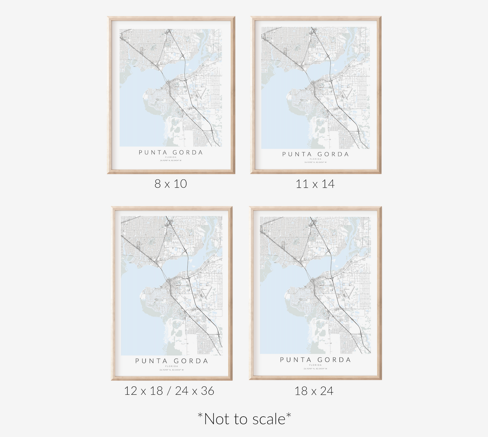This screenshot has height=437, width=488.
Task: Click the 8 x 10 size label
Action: click(x=171, y=184)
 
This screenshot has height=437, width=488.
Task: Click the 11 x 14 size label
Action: click(x=315, y=184)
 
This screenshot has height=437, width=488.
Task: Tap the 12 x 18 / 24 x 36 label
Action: click(x=169, y=391)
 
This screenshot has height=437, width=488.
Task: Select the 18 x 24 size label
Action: click(x=314, y=391)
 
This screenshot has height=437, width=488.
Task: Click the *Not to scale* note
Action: click(x=244, y=419)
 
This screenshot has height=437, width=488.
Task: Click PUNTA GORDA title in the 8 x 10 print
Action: click(x=171, y=152)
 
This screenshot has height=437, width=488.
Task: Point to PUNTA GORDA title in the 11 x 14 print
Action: click(x=315, y=154)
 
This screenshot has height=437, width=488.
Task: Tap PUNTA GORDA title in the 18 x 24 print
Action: click(x=315, y=360)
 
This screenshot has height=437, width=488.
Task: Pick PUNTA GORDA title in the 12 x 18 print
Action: click(x=172, y=361)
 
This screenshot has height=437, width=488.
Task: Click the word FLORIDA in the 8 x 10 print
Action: click(x=171, y=157)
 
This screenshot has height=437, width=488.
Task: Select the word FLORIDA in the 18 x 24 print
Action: click(x=315, y=365)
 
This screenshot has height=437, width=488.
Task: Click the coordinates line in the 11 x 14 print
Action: click(x=315, y=162)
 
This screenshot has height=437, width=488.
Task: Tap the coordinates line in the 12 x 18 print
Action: click(x=172, y=370)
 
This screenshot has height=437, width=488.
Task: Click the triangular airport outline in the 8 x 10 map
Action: click(x=202, y=93)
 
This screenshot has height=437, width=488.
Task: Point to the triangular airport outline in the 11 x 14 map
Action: click(x=346, y=95)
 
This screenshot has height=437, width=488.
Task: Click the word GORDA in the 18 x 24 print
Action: click(x=334, y=360)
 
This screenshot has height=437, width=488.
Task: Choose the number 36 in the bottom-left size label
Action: click(x=207, y=391)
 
